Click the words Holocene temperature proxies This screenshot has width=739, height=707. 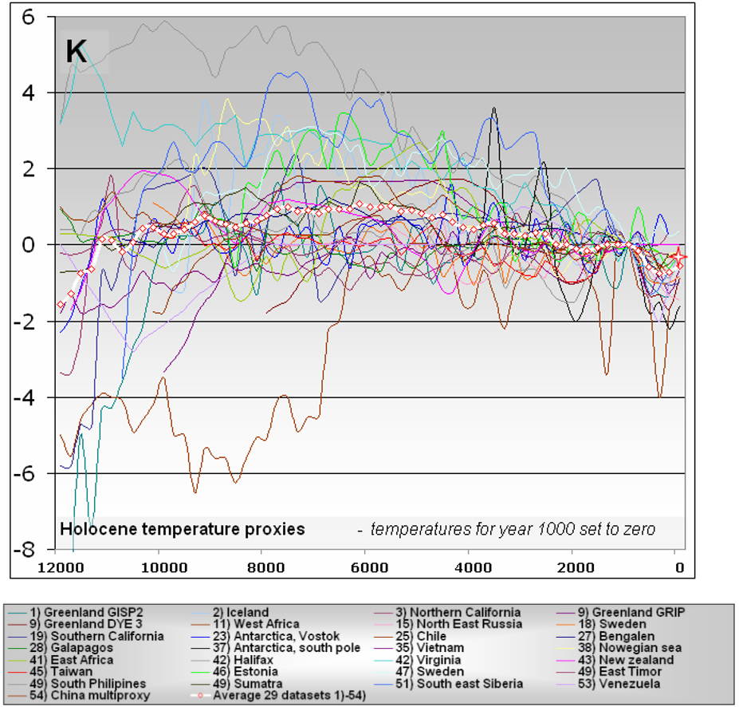pyautogui.click(x=183, y=529)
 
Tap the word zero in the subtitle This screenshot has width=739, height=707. pyautogui.click(x=639, y=529)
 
